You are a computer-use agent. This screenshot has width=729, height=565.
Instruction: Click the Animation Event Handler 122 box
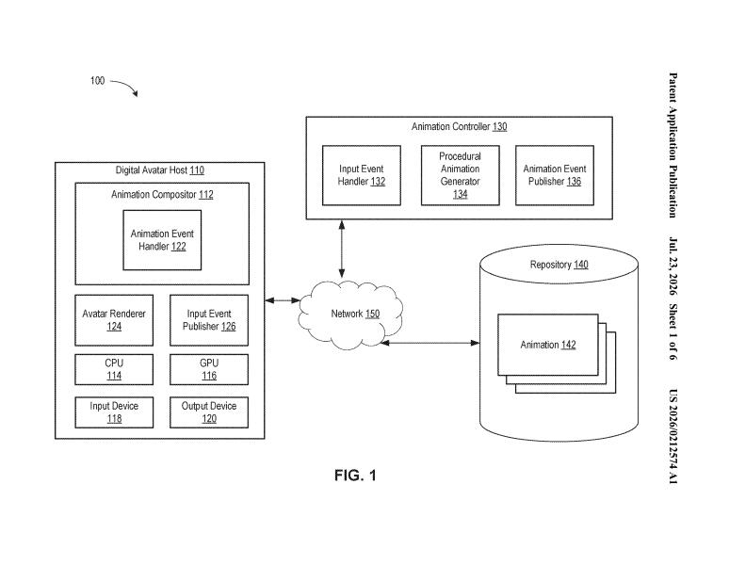[x=162, y=240]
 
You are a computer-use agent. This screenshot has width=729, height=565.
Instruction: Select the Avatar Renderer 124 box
[x=114, y=320]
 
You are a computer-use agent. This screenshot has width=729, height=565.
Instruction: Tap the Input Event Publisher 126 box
[x=209, y=320]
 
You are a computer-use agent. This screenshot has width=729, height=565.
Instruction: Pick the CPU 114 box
[x=114, y=369]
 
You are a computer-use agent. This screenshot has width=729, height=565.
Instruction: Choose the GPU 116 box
[x=209, y=369]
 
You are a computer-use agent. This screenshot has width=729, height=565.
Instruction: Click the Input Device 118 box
[x=114, y=412]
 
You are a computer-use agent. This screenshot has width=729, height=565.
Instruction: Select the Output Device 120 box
[x=209, y=412]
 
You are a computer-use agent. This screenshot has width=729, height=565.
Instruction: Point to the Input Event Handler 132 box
[x=362, y=175]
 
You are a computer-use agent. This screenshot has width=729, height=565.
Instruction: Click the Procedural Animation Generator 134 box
[x=460, y=175]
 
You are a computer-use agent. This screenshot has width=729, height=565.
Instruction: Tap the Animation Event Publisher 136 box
[x=554, y=175]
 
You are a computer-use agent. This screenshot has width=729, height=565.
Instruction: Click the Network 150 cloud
[x=350, y=315]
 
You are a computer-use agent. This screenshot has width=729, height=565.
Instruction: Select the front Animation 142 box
[x=547, y=345]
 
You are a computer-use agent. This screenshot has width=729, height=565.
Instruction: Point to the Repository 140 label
[x=559, y=265]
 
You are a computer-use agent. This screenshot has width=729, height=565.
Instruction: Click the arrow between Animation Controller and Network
[x=342, y=249]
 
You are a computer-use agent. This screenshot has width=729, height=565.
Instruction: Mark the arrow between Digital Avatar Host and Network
[x=283, y=300]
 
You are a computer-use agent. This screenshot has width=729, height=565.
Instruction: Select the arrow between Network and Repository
[x=430, y=343]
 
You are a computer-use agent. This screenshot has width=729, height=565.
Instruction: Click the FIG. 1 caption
[x=355, y=476]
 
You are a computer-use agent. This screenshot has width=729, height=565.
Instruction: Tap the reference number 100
[x=97, y=81]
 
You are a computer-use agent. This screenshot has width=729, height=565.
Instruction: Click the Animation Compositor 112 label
[x=162, y=195]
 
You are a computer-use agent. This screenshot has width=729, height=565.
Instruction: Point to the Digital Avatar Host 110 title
[x=159, y=170]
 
